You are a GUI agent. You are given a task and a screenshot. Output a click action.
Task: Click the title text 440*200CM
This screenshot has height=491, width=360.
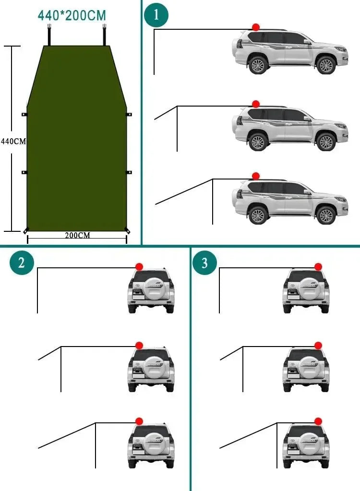[x=72, y=15]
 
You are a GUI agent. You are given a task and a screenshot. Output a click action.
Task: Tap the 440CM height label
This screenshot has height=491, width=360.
[x=13, y=142]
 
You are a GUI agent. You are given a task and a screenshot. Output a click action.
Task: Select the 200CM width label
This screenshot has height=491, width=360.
[x=77, y=235]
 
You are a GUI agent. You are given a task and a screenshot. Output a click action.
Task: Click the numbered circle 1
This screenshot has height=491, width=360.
[x=156, y=15]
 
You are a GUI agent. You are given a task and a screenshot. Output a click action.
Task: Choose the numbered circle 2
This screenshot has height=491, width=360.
[x=22, y=263]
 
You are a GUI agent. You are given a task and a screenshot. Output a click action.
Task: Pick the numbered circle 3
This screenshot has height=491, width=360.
[x=204, y=263]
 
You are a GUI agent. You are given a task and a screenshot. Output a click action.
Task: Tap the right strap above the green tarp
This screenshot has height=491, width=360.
[x=104, y=36]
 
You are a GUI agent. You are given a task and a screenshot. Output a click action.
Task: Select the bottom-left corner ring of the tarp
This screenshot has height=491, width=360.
[x=26, y=230]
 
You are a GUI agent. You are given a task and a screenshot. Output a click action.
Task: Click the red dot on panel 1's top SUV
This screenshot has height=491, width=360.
[x=256, y=27]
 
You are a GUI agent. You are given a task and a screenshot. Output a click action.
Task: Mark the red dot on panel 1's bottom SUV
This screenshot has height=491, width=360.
[x=256, y=176]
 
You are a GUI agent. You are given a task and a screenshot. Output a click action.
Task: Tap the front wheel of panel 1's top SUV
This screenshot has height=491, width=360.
[x=326, y=65]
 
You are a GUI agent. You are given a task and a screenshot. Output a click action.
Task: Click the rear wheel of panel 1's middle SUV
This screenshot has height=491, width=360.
[x=258, y=142]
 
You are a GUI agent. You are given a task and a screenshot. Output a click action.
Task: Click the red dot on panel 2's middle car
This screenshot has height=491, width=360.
[x=139, y=345]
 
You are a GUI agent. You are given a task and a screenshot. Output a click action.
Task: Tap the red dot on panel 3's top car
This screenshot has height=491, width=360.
[x=318, y=266]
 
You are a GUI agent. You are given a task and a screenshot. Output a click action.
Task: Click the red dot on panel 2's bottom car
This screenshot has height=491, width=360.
[x=139, y=421]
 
